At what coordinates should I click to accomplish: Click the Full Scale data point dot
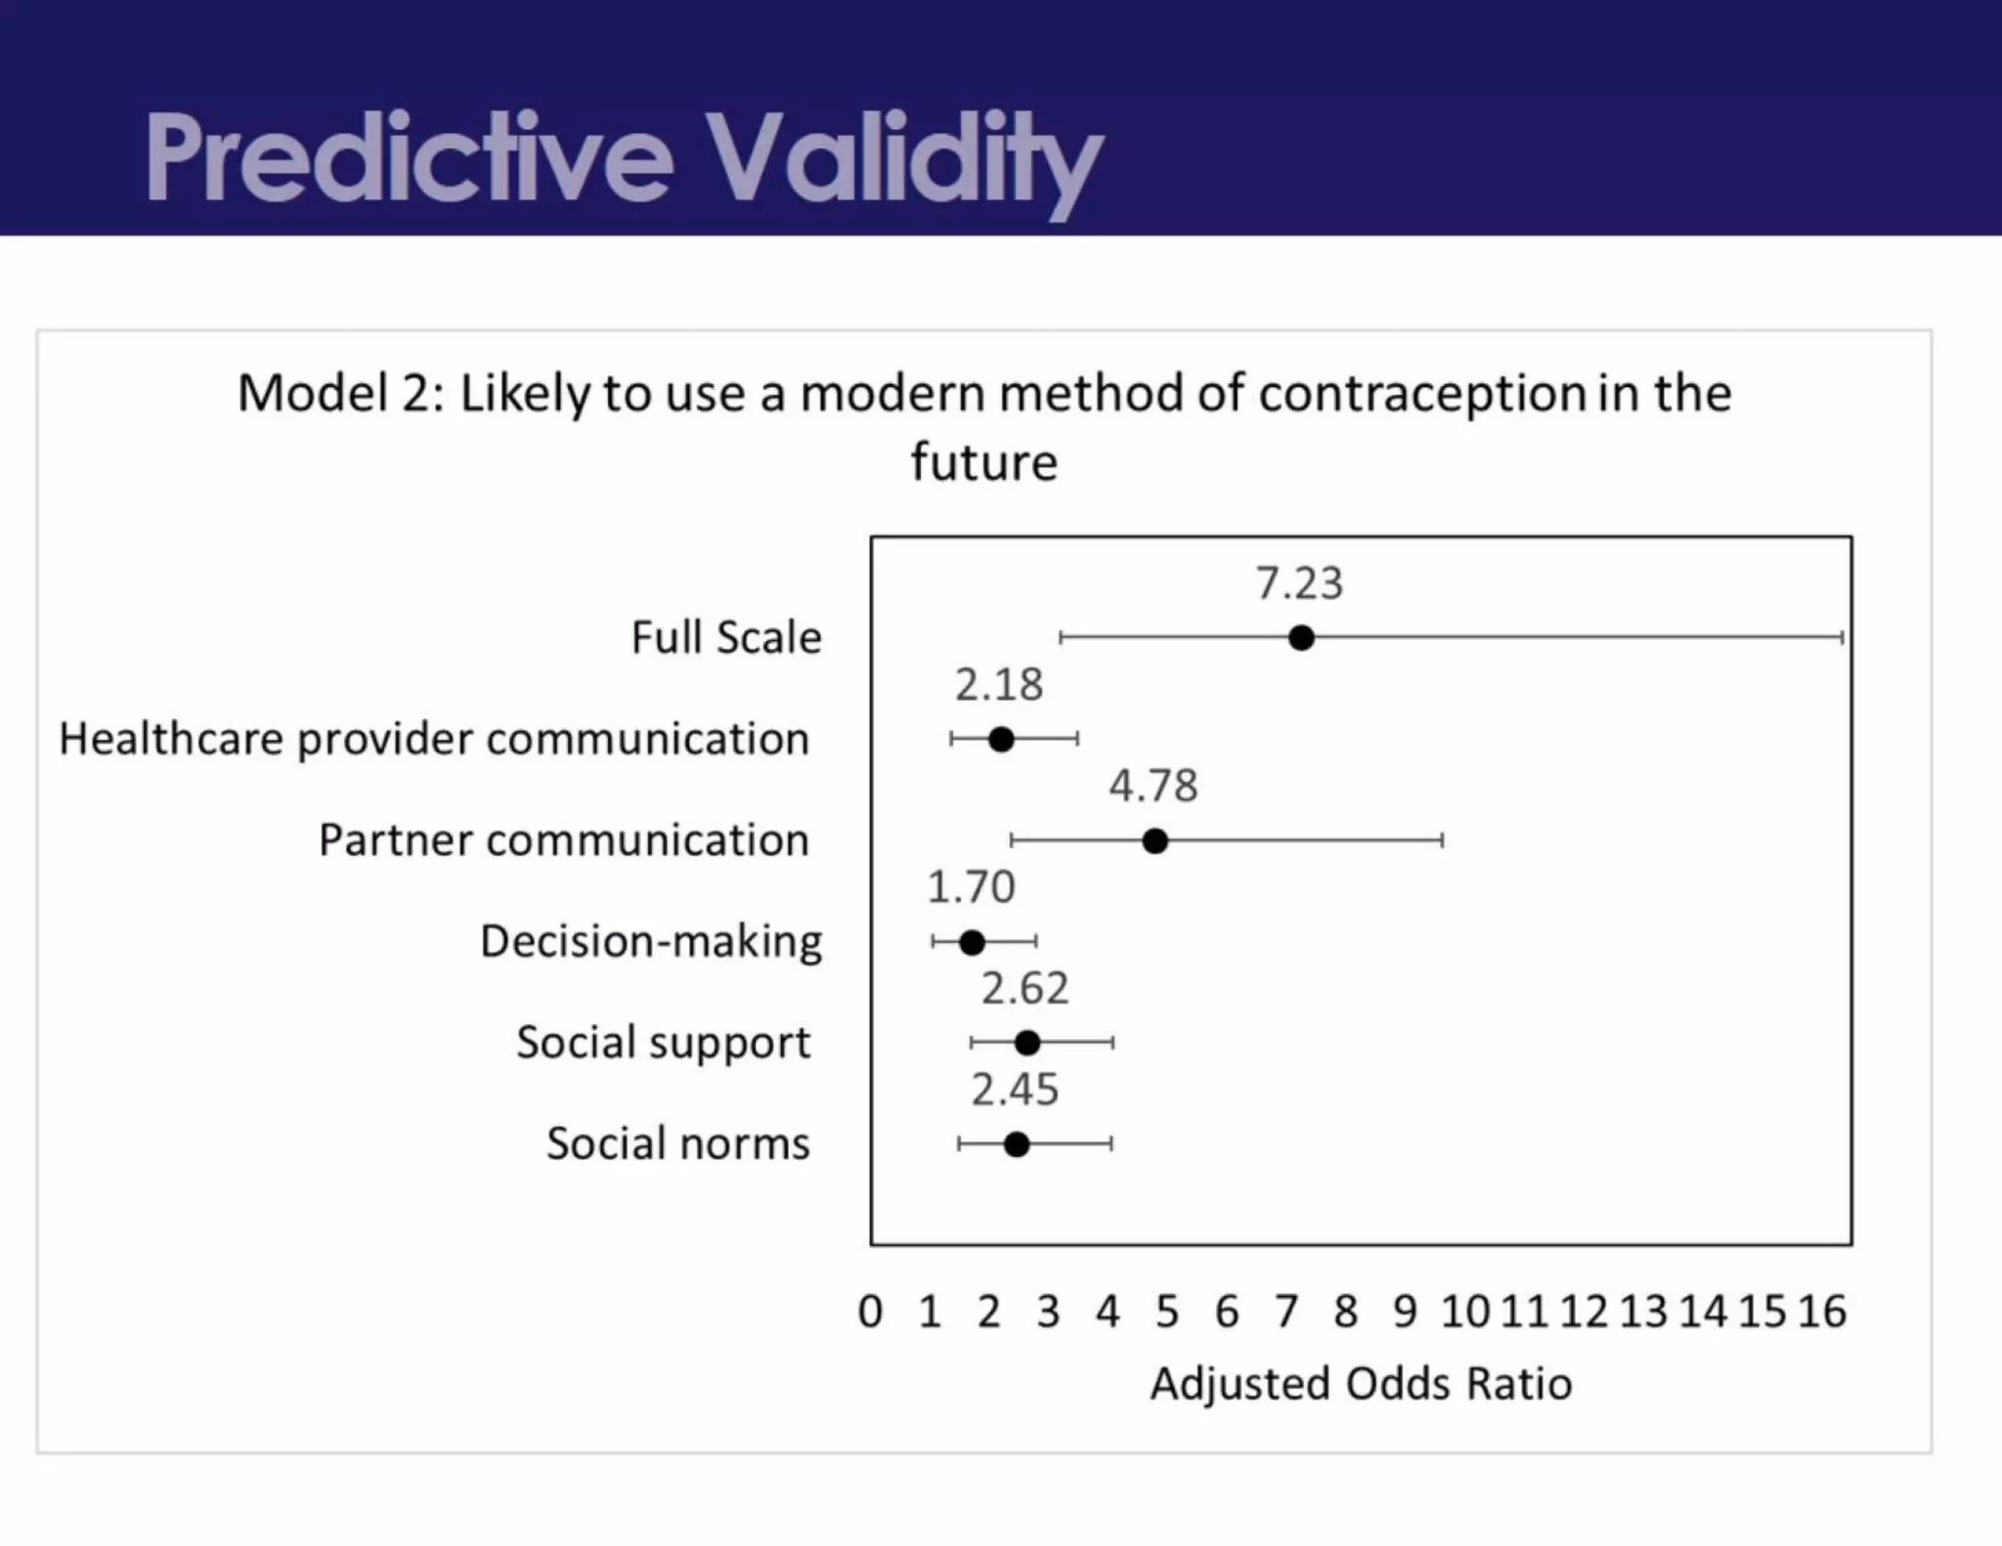(1300, 638)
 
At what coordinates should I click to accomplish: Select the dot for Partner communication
(1154, 840)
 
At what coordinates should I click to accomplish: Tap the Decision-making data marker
(972, 942)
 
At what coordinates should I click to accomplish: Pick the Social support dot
(1026, 1043)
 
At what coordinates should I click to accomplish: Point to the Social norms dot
(1017, 1144)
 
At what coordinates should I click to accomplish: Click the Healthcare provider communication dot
(1001, 739)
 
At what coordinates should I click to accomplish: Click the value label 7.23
(1299, 583)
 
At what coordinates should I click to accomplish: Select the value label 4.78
(1153, 786)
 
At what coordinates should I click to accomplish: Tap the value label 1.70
(970, 887)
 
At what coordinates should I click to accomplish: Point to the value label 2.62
(1024, 989)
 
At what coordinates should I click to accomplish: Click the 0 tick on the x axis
(870, 1311)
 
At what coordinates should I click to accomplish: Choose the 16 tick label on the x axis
(1821, 1311)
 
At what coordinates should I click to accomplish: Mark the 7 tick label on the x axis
(1286, 1311)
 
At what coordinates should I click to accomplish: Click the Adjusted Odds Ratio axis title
(1361, 1384)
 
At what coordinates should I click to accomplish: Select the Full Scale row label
(725, 637)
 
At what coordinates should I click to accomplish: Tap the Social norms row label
(677, 1143)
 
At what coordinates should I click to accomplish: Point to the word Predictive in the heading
(409, 158)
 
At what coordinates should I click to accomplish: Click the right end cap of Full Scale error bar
(1843, 638)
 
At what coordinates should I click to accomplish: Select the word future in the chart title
(983, 462)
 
